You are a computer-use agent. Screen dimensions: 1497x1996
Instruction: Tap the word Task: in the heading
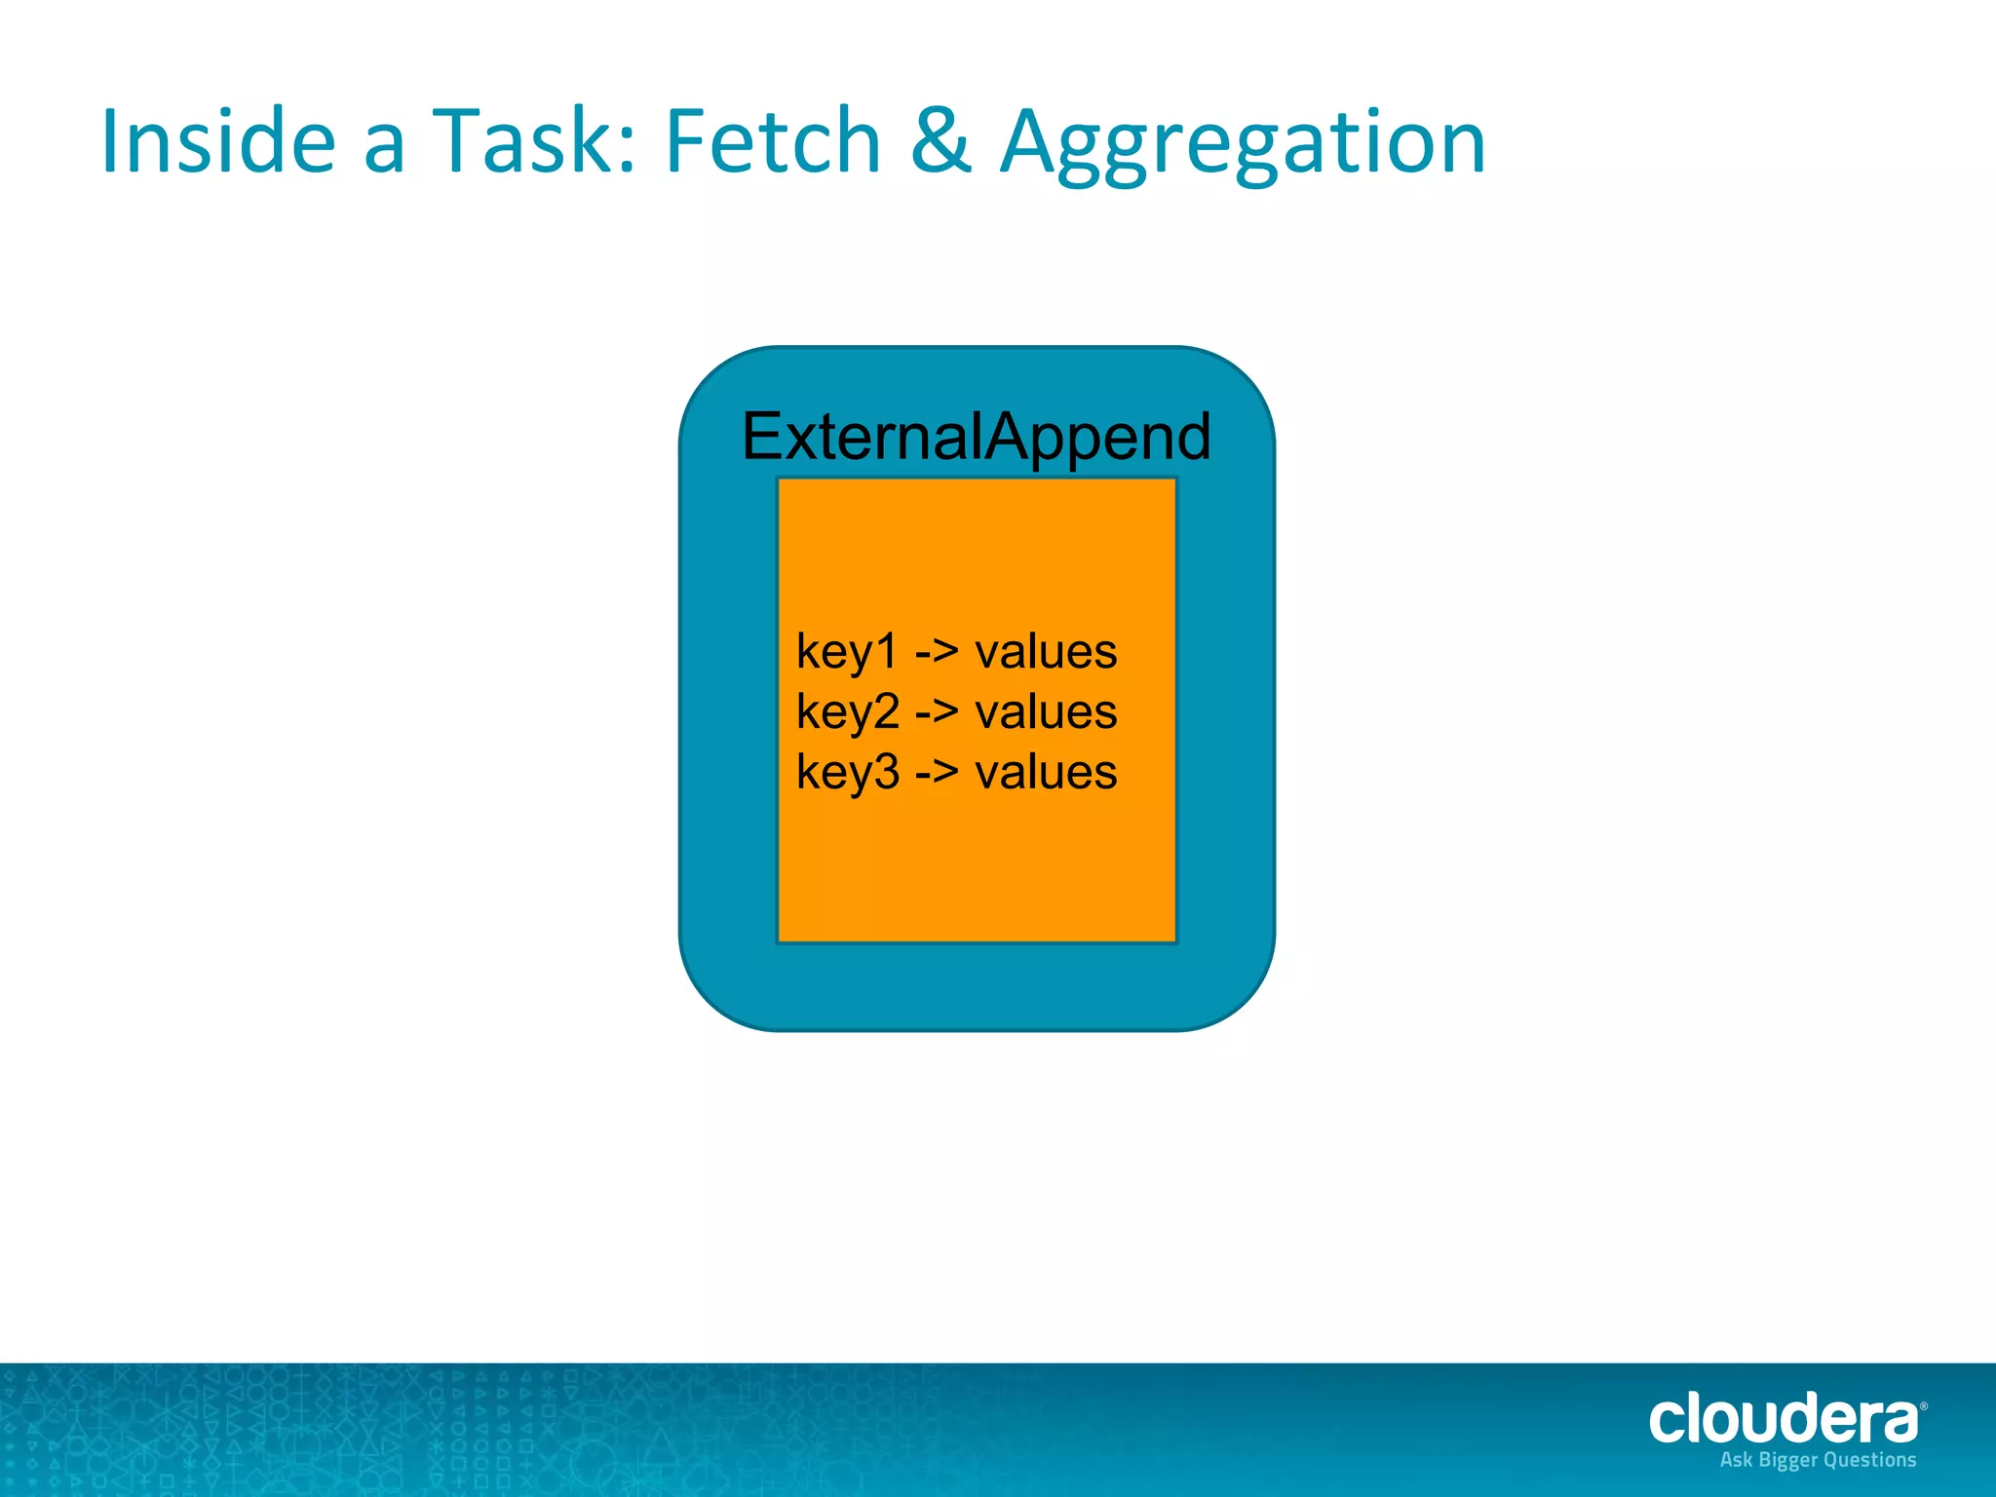(534, 142)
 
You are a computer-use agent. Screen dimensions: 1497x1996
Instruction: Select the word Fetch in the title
(773, 142)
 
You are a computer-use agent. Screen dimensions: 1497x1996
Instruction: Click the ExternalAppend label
(977, 437)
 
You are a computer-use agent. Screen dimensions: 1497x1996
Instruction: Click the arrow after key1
(937, 652)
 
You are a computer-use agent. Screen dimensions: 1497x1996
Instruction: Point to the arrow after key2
(937, 712)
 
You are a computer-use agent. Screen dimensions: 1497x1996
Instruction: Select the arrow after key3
(937, 773)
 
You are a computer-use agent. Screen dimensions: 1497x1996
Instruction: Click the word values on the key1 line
(1046, 652)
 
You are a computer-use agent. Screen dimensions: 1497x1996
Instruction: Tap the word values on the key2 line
(1046, 712)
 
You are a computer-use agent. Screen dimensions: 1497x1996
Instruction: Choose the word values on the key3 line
(1046, 773)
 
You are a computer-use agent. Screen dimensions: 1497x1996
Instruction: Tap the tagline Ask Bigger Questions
(1818, 1460)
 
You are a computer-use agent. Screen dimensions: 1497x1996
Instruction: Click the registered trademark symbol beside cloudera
(1923, 1406)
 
